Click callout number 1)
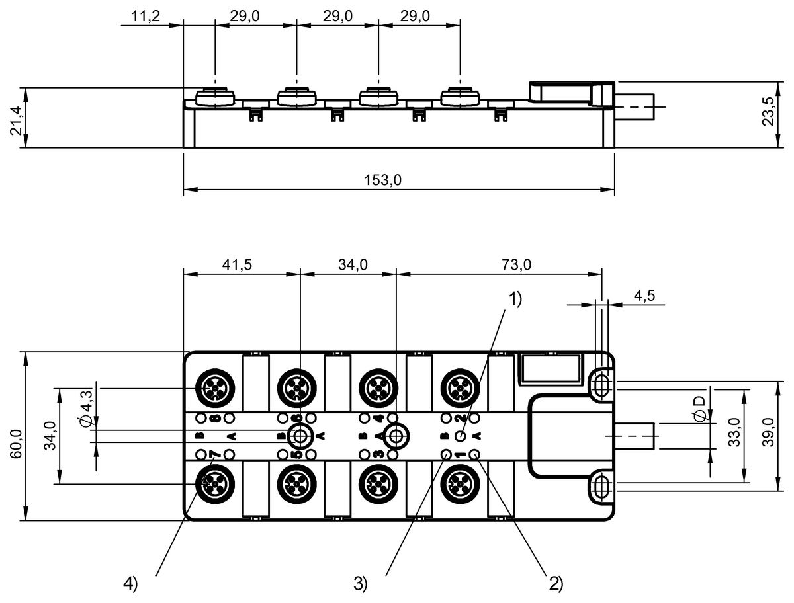tap(515, 300)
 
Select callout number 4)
tap(131, 584)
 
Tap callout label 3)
tap(360, 584)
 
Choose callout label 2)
tap(554, 584)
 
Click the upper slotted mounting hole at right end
tap(600, 385)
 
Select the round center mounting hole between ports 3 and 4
tap(396, 436)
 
